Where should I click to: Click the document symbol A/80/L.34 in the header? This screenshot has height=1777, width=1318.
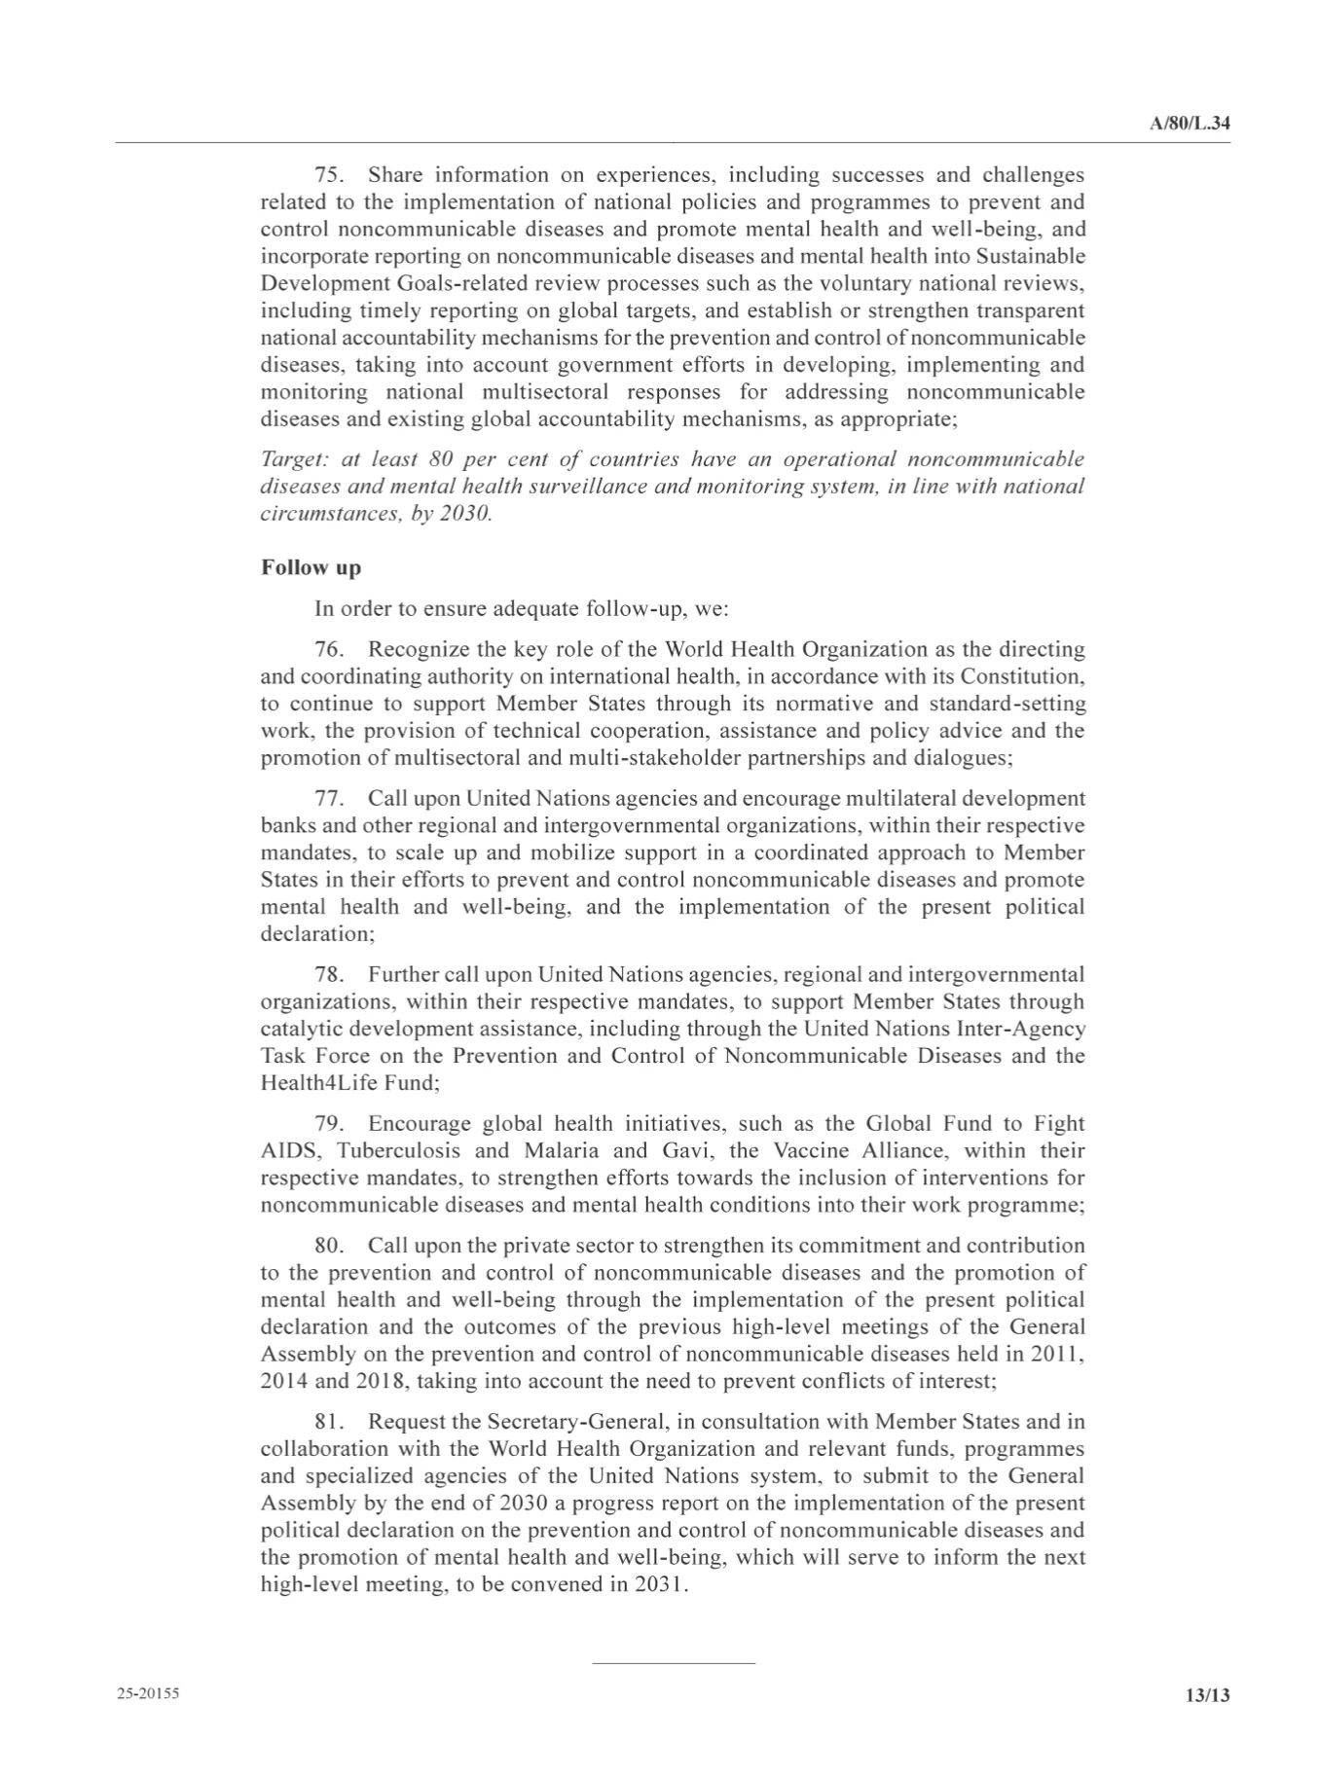[1190, 125]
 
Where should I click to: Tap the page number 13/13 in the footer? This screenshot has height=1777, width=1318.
[1207, 1695]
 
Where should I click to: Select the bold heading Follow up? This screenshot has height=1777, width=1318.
[311, 568]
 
